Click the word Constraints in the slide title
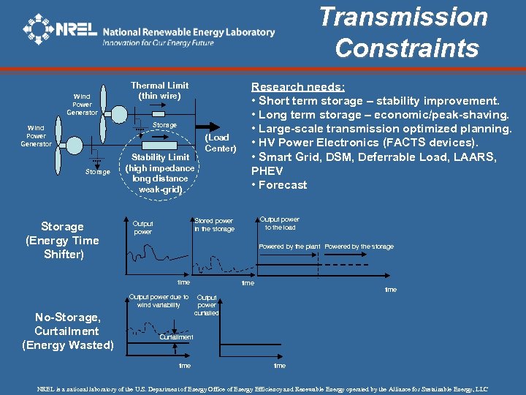point(407,48)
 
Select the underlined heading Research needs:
point(297,87)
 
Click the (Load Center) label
point(220,143)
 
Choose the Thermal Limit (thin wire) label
point(159,91)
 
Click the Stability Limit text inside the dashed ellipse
point(160,173)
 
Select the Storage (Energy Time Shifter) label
point(62,240)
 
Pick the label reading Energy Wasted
point(68,345)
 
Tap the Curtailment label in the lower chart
point(176,337)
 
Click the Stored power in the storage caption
point(214,225)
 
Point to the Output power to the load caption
point(280,223)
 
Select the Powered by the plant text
point(289,247)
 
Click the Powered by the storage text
point(359,247)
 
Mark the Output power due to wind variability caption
point(159,301)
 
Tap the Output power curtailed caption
point(207,305)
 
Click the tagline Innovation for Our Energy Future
point(158,43)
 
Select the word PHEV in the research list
point(267,171)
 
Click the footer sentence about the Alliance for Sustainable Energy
point(262,389)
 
